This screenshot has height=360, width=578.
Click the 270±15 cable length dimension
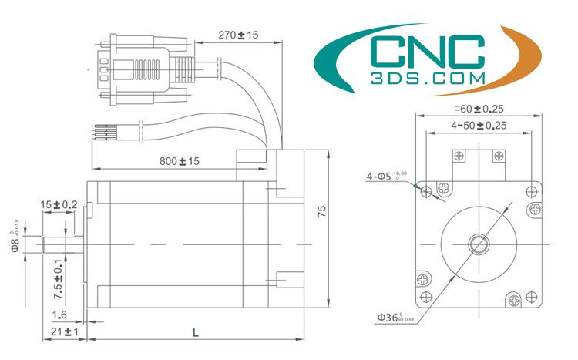[237, 35]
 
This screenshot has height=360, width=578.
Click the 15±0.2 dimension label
[59, 204]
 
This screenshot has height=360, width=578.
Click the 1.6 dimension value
[59, 315]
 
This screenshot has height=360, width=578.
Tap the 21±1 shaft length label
[60, 331]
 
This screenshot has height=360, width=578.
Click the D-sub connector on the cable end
[135, 64]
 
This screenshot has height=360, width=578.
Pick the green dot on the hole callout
[415, 185]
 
